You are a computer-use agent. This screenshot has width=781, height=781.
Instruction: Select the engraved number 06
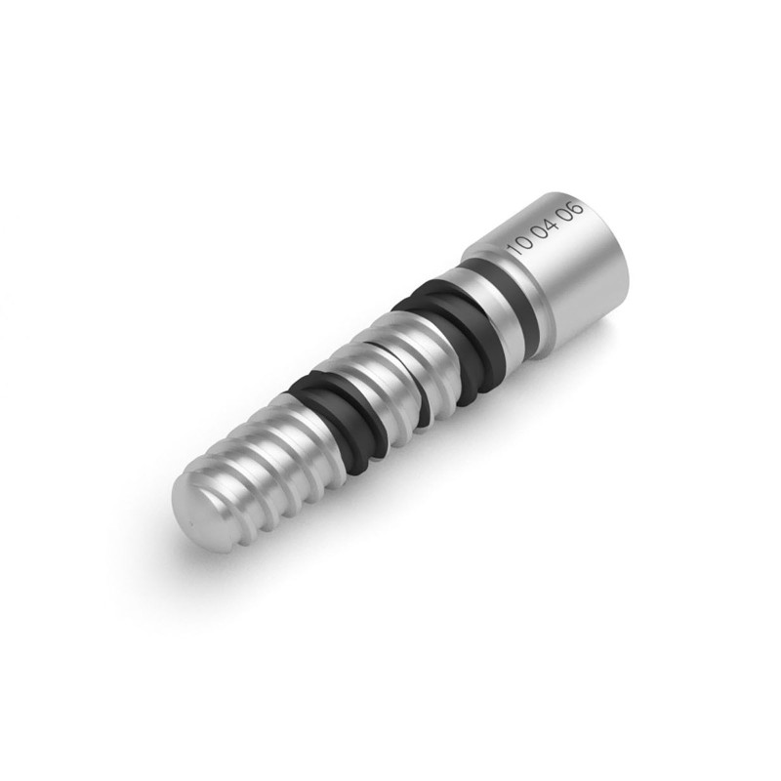[x=570, y=212]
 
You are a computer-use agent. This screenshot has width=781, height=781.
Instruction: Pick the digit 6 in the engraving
[x=577, y=207]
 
